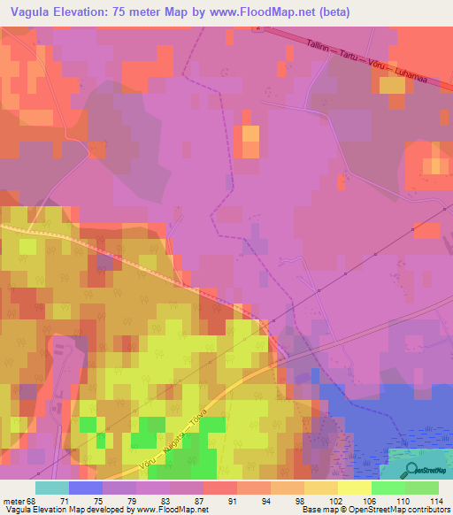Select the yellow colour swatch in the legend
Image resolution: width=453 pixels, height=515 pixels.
point(354,488)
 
